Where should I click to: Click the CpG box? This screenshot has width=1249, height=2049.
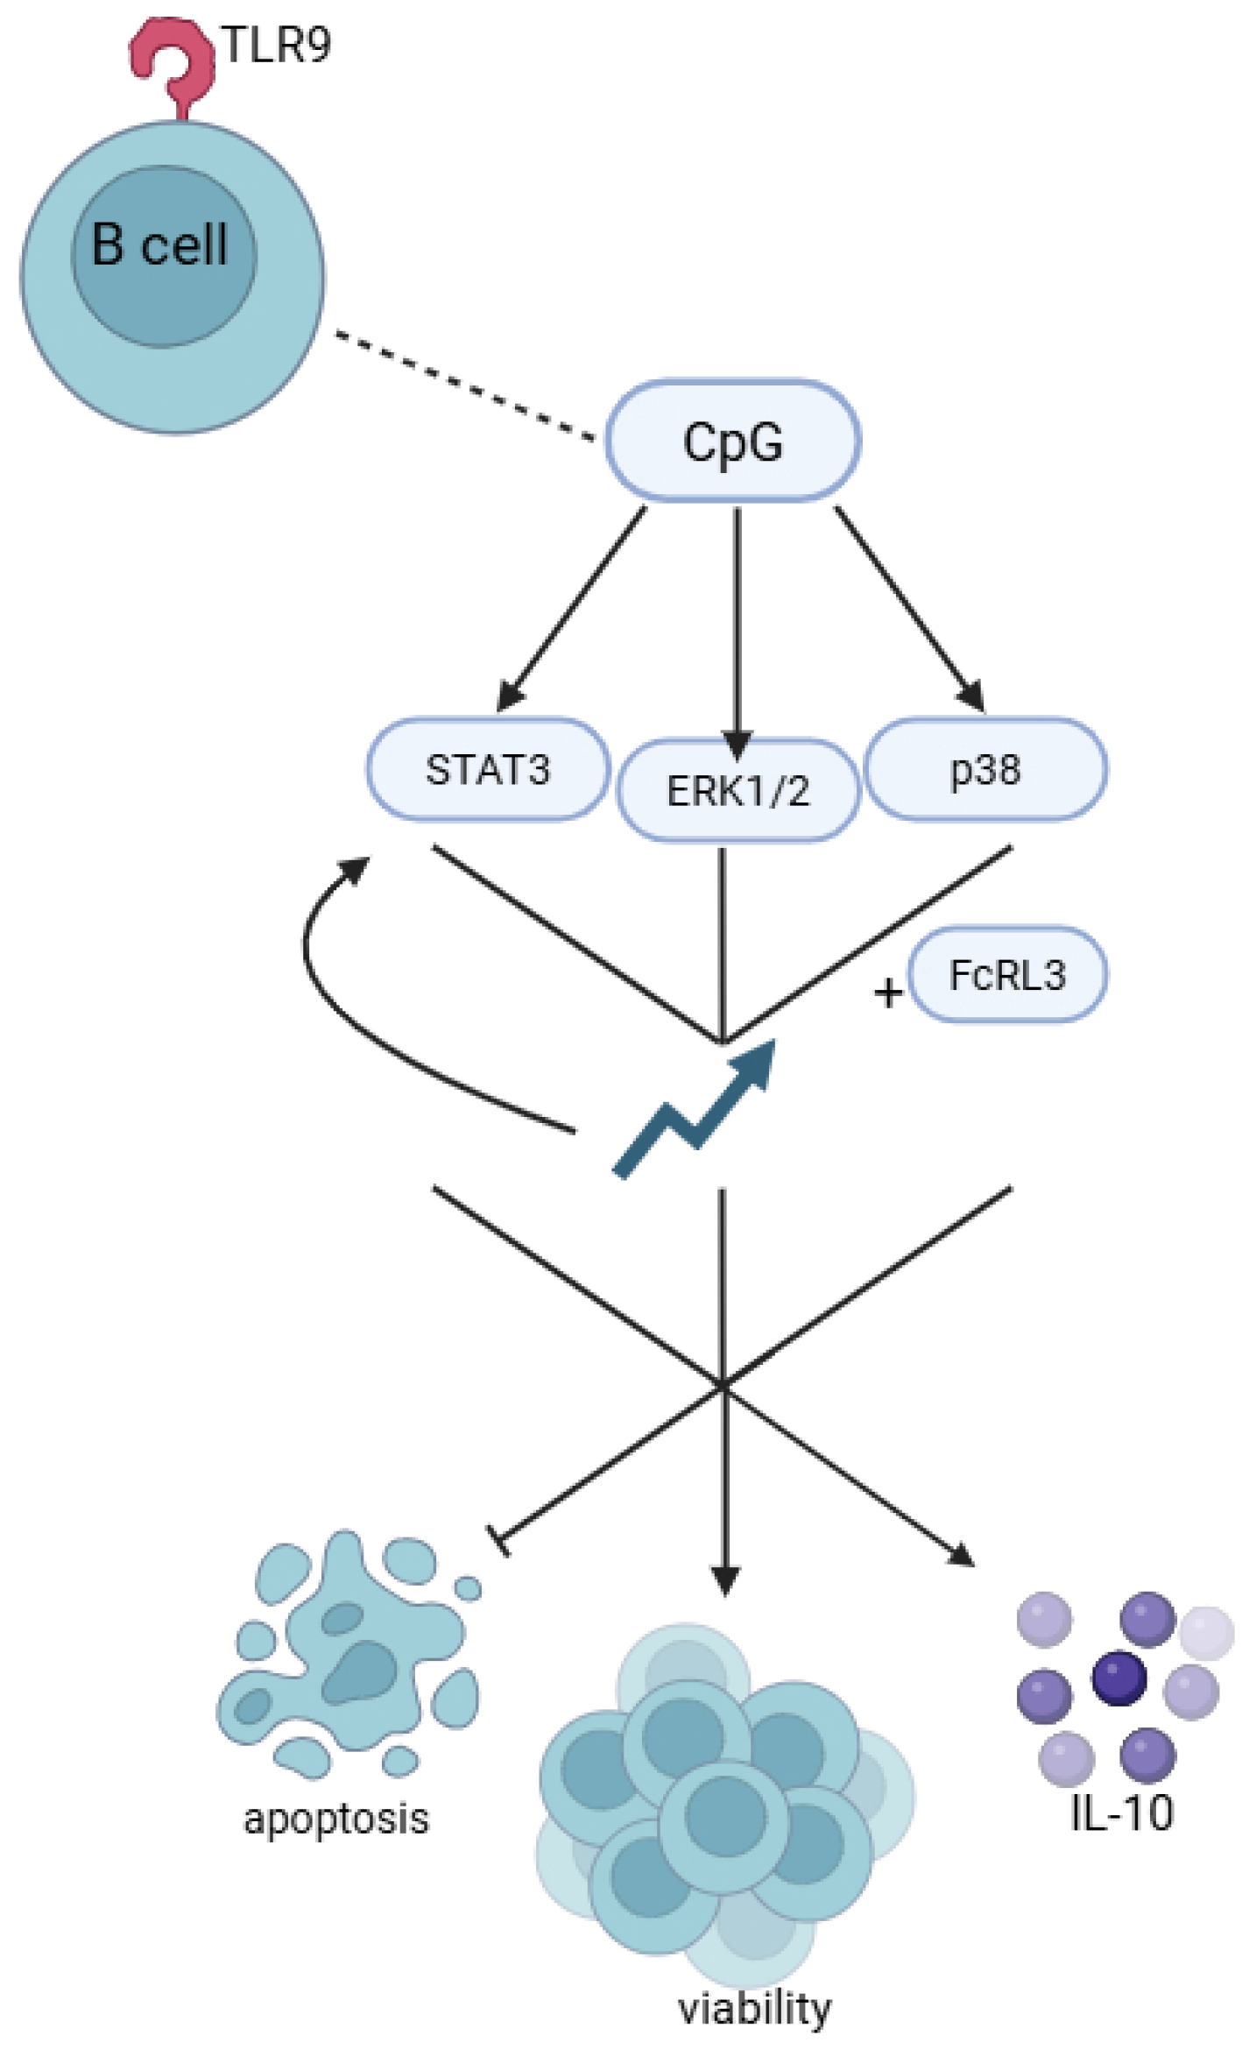732,441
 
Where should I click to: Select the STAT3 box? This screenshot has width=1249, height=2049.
487,769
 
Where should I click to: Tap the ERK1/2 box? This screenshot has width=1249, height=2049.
737,790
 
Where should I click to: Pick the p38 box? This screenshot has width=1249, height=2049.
985,769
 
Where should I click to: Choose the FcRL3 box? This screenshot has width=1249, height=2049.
1007,974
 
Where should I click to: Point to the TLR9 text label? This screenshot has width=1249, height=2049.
277,46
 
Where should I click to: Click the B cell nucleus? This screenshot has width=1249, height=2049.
164,256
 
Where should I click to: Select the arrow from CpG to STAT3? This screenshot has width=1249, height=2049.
574,604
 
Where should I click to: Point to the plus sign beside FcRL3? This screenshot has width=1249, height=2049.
887,993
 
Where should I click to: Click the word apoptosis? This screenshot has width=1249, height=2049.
336,1819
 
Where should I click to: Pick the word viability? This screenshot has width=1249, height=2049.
754,2008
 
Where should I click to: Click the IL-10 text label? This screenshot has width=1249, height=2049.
1121,1812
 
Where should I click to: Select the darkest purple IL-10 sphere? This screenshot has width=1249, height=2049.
1118,1678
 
